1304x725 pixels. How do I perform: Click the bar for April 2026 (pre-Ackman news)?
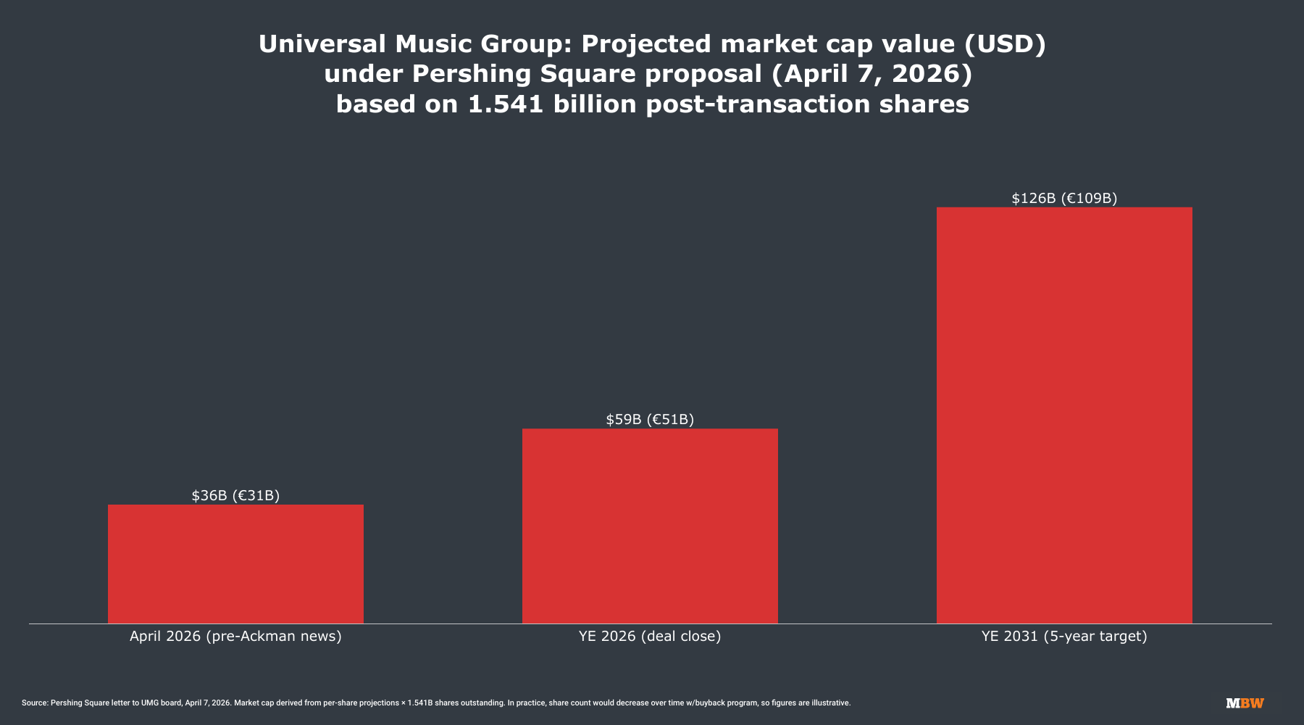[x=235, y=563]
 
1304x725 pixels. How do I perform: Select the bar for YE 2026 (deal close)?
[x=650, y=526]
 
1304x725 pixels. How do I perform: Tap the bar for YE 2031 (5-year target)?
[x=1064, y=415]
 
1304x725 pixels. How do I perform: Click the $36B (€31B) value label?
[x=235, y=495]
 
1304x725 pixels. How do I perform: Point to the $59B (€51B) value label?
[x=650, y=419]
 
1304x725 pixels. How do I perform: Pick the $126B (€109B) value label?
[x=1064, y=198]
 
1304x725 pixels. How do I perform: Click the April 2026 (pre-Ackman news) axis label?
[x=235, y=637]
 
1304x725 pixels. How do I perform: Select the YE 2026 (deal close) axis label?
[x=650, y=637]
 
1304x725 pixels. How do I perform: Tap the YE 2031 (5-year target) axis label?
[x=1064, y=637]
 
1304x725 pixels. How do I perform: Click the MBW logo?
[x=1245, y=703]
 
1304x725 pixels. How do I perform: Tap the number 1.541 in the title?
[x=506, y=104]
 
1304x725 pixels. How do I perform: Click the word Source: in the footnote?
[x=35, y=703]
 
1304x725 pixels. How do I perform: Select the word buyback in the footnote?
[x=693, y=703]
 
